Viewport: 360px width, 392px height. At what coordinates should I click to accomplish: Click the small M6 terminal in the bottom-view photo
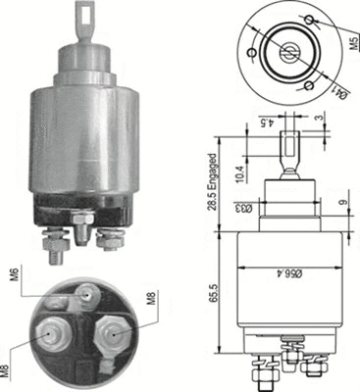click(90, 293)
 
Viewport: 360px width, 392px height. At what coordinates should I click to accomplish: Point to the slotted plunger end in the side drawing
click(291, 146)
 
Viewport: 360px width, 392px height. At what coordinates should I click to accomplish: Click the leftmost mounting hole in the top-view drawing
click(255, 51)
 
